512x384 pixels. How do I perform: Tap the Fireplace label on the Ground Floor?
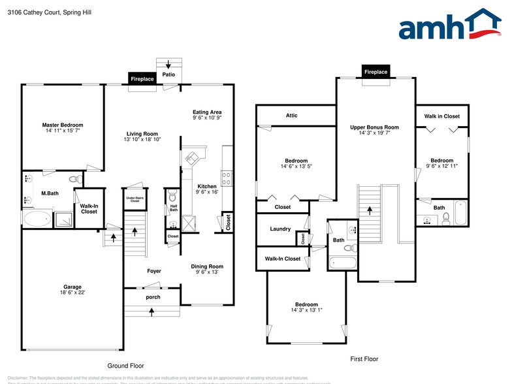(x=142, y=79)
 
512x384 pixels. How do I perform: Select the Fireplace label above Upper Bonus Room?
(x=376, y=72)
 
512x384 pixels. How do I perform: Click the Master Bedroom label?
(x=63, y=125)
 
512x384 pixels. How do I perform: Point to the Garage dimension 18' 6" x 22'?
(x=72, y=292)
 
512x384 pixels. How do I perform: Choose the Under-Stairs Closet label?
(x=135, y=200)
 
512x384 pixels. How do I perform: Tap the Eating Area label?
(x=207, y=112)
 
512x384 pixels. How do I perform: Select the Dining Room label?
(x=207, y=266)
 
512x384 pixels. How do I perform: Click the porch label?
(x=153, y=297)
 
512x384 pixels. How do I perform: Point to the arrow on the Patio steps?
(x=168, y=64)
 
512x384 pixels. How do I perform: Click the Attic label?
(x=292, y=116)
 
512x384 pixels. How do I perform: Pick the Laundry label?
(x=280, y=229)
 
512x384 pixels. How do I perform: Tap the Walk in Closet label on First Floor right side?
(x=442, y=116)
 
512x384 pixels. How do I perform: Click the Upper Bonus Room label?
(x=374, y=127)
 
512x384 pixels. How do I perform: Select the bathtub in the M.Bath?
(x=37, y=219)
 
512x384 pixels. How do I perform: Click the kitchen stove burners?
(x=226, y=177)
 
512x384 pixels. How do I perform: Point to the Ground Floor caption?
(x=125, y=366)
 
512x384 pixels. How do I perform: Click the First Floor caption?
(x=364, y=359)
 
